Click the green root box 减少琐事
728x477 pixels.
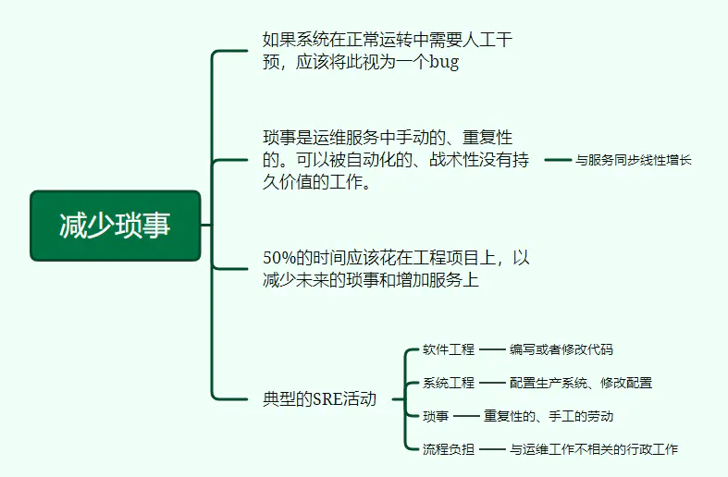115,226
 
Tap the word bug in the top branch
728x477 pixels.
444,62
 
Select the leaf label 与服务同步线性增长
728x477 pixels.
634,160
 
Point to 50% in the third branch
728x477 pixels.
279,258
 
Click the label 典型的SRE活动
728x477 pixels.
319,399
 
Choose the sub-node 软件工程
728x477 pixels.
449,349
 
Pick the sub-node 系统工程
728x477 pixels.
449,383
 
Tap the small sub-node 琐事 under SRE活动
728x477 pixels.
436,416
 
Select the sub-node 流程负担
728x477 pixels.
449,449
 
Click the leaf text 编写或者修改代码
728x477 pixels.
561,349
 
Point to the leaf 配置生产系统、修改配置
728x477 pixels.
581,383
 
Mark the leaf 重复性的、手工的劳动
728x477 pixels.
549,416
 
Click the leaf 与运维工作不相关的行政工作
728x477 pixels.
593,449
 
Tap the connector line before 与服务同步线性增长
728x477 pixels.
558,160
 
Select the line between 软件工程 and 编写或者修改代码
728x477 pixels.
492,349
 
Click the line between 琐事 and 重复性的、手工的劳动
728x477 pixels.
466,416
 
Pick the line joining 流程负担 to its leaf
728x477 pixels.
492,449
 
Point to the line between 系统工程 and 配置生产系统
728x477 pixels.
492,383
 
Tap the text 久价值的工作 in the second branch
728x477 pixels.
316,182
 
